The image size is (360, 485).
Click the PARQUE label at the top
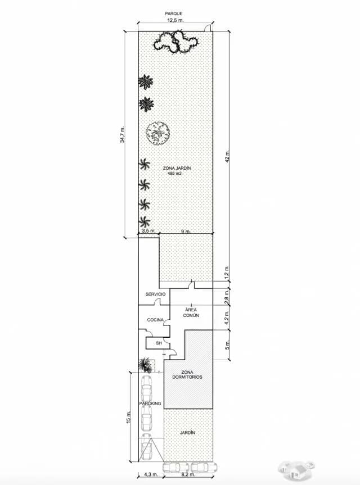pos(173,13)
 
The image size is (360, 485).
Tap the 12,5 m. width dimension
pos(175,20)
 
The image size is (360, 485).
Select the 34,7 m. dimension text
pos(123,134)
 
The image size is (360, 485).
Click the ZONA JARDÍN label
pos(177,168)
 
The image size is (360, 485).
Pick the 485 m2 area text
pos(174,174)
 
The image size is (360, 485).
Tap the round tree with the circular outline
pos(158,133)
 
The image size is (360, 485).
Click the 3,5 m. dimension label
pos(148,231)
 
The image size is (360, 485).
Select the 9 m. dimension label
pos(186,232)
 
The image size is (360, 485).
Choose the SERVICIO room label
pos(155,294)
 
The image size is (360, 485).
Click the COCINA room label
pos(155,320)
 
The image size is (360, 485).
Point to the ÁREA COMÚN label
pos(191,312)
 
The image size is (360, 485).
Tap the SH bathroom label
pos(159,343)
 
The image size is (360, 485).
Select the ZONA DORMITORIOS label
pos(187,375)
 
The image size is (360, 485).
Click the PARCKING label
pos(150,404)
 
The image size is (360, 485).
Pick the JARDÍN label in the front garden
pos(187,432)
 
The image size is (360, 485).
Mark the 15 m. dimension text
pos(128,417)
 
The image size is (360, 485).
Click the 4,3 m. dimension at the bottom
pos(151,474)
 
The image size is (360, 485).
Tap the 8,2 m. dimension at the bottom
pos(188,474)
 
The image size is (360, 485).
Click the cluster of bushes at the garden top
pos(176,42)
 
